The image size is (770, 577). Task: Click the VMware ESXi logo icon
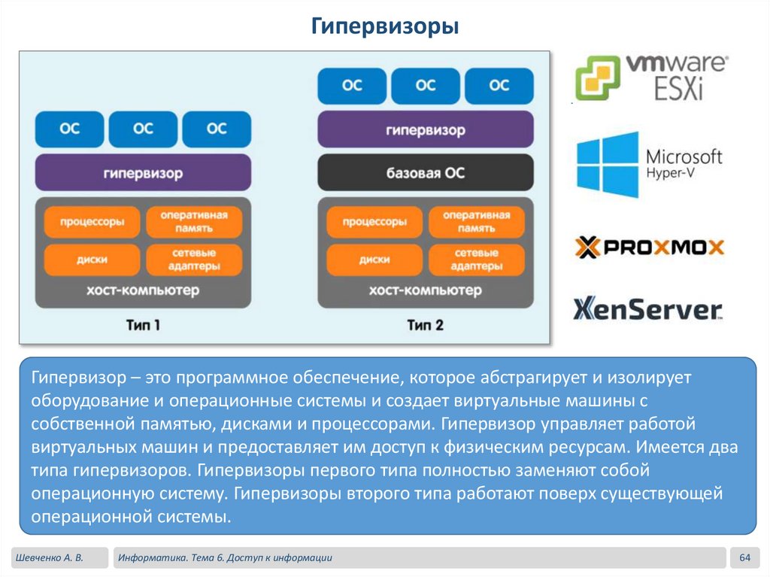[x=599, y=77]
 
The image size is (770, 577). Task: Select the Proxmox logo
[x=649, y=247]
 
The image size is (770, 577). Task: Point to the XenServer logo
[x=647, y=309]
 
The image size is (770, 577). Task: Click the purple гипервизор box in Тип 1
[x=143, y=173]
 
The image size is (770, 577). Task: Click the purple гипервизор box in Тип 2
[x=426, y=130]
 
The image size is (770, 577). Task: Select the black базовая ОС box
[x=426, y=173]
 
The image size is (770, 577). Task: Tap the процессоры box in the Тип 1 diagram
[x=92, y=223]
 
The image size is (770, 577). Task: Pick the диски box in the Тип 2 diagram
[x=374, y=260]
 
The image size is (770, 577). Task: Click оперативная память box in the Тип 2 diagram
[x=476, y=222]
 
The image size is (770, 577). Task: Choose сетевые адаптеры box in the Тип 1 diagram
[x=194, y=260]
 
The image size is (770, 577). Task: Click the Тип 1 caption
[x=143, y=326]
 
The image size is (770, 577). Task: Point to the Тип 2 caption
[x=426, y=326]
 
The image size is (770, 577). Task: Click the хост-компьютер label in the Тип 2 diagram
[x=426, y=290]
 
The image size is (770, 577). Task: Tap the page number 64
[x=746, y=557]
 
